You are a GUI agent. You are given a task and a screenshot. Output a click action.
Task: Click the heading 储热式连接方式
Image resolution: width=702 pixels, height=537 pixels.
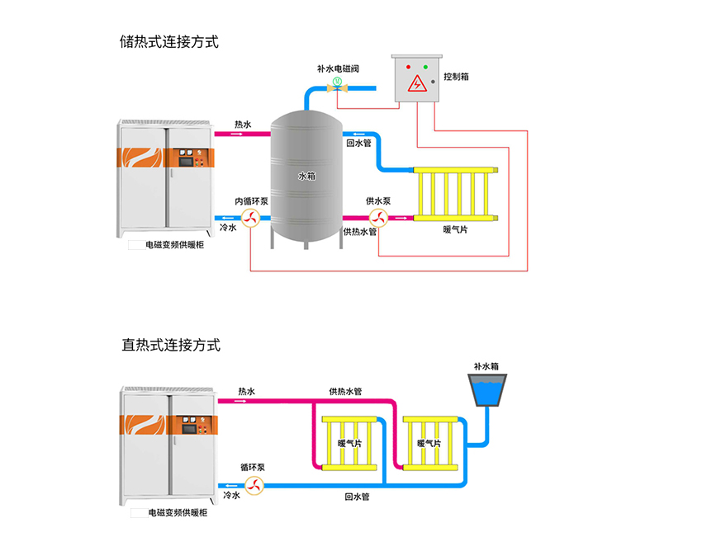(x=169, y=42)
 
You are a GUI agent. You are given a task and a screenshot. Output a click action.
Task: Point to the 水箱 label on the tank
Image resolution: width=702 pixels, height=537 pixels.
(x=306, y=176)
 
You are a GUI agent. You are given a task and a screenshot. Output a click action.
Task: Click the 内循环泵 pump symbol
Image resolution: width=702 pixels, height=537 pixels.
(x=252, y=218)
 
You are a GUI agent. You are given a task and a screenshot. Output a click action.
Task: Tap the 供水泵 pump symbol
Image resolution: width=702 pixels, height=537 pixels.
(x=378, y=218)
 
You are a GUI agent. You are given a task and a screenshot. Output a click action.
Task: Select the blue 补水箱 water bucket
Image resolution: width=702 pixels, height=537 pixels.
(x=487, y=390)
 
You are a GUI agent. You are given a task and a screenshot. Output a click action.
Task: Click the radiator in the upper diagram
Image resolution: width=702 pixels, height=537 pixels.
(x=456, y=195)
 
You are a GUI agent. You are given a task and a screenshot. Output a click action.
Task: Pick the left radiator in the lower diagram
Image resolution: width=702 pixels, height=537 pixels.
(x=349, y=444)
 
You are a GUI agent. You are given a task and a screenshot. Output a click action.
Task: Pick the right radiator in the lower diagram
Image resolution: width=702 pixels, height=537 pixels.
(x=429, y=444)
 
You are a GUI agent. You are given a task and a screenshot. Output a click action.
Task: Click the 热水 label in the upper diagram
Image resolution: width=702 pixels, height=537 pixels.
(x=242, y=124)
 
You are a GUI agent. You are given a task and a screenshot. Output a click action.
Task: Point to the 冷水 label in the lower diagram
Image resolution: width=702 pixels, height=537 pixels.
(x=231, y=496)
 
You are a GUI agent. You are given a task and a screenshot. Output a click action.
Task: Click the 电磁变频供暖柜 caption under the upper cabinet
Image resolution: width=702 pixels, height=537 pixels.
(x=177, y=245)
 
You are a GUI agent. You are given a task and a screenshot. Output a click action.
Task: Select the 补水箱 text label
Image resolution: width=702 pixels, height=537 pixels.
(x=486, y=365)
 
